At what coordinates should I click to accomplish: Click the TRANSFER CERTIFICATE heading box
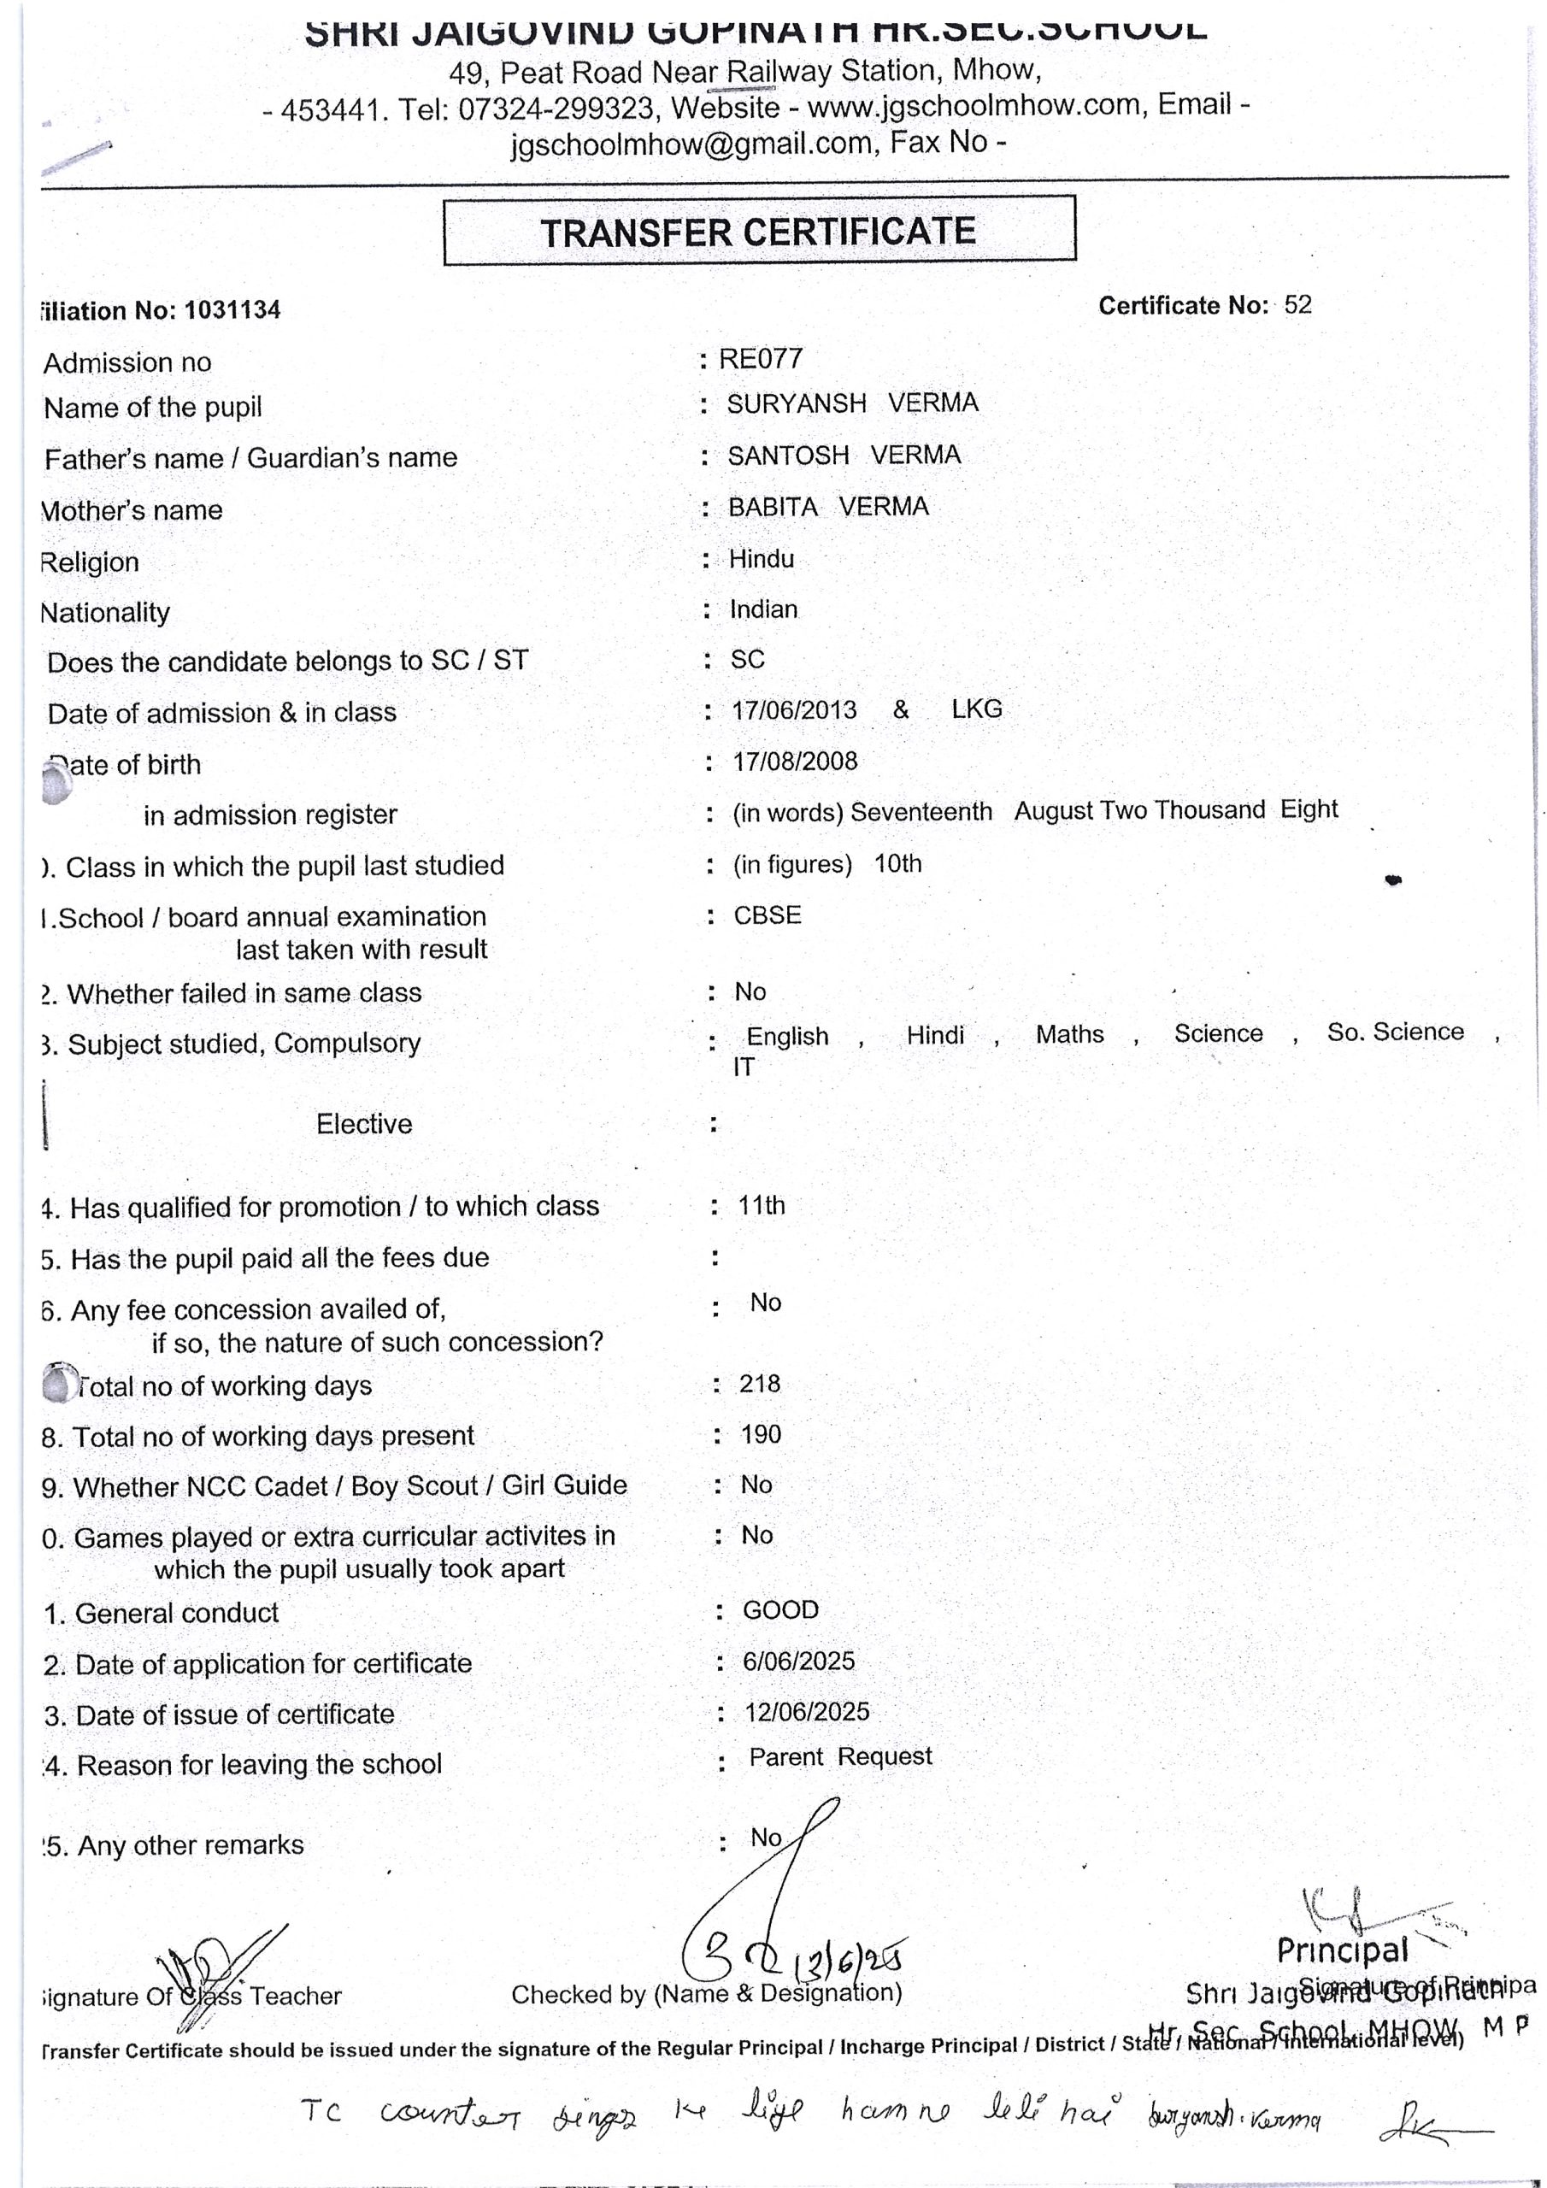tap(759, 232)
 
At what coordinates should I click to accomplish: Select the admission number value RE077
tap(761, 358)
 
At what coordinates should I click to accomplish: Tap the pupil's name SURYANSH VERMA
tap(852, 403)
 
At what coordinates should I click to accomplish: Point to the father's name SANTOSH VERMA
tap(844, 456)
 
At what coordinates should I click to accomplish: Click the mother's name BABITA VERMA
tap(827, 507)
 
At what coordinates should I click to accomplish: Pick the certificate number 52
tap(1297, 305)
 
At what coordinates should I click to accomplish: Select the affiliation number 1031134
tap(232, 310)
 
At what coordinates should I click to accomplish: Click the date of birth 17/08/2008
tap(794, 762)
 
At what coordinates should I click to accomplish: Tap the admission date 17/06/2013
tap(793, 710)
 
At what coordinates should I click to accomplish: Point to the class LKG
tap(976, 709)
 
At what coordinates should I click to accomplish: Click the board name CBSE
tap(768, 915)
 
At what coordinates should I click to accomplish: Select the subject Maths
tap(1069, 1034)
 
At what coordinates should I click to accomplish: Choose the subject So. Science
tap(1395, 1032)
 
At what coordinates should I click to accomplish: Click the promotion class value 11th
tap(762, 1205)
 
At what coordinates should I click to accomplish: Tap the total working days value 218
tap(760, 1384)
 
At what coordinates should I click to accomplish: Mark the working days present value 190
tap(761, 1434)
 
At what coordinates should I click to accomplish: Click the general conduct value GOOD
tap(780, 1609)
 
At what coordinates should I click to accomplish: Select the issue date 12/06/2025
tap(806, 1712)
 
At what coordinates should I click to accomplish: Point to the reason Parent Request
tap(840, 1756)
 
